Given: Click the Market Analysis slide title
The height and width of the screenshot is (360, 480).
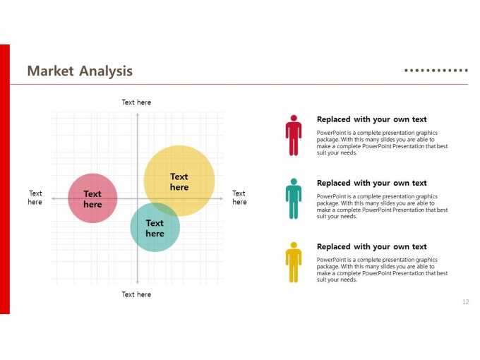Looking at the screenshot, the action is tap(80, 71).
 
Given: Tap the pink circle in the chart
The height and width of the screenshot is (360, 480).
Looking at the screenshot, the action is tap(92, 198).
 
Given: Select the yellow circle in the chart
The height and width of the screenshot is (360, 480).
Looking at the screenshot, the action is tap(179, 181).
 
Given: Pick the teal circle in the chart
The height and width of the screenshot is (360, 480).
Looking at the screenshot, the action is tap(155, 227).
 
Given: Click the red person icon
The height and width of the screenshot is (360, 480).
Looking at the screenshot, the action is tap(294, 136).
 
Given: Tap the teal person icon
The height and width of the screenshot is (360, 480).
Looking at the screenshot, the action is tap(294, 198).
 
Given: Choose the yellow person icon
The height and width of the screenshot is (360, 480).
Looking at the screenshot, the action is tap(294, 263).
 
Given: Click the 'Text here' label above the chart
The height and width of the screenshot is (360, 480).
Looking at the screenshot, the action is tap(136, 102).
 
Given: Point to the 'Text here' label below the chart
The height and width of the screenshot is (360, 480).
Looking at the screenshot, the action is tap(136, 294).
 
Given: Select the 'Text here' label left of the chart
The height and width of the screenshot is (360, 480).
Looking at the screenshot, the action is tap(35, 198).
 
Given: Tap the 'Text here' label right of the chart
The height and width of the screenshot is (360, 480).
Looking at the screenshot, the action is tap(239, 198).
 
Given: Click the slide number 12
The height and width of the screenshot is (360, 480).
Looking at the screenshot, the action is tap(466, 302).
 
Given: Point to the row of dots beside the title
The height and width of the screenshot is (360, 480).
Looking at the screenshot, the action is tap(436, 71).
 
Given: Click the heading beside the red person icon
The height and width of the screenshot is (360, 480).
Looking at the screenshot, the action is tap(371, 119).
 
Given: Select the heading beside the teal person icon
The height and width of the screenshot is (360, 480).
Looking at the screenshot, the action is tap(371, 183).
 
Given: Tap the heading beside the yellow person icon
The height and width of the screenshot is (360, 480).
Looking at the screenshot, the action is tap(371, 247).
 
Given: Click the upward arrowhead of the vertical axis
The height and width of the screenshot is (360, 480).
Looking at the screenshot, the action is tap(138, 114).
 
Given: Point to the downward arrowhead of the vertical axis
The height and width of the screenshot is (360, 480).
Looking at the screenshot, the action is tap(138, 282).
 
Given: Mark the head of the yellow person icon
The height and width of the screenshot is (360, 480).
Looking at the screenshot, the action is tap(294, 245).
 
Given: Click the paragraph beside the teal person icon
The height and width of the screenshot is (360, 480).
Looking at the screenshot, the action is tap(382, 206).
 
